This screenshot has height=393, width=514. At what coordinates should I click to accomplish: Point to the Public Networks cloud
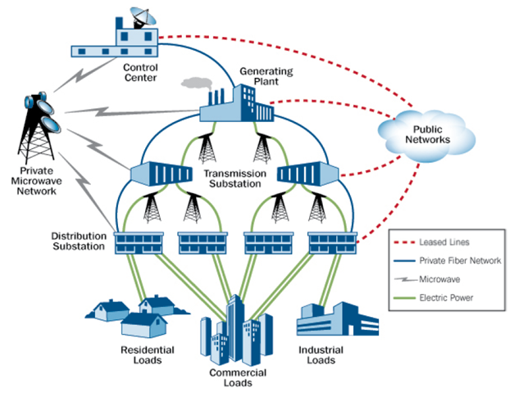pyautogui.click(x=426, y=133)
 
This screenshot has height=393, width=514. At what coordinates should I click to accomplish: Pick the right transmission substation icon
pyautogui.click(x=308, y=173)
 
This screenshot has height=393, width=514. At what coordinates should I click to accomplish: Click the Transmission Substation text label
pyautogui.click(x=235, y=179)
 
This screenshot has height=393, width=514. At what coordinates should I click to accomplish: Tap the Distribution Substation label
pyautogui.click(x=79, y=241)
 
